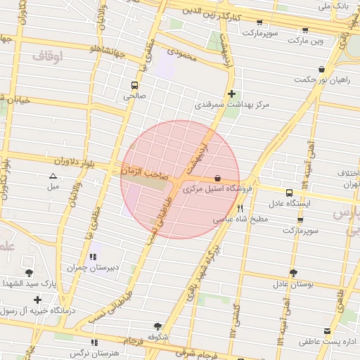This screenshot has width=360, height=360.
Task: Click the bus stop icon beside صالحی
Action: click(134, 86)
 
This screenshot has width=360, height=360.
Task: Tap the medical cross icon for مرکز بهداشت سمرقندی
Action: click(231, 94)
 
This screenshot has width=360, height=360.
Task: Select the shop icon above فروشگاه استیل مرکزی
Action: click(217, 179)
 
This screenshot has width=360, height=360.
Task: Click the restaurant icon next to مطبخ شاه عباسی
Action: click(240, 208)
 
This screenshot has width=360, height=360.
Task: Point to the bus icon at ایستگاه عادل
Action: click(289, 193)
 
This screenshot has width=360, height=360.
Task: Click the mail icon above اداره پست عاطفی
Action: click(326, 330)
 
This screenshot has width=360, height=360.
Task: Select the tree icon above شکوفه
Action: click(157, 326)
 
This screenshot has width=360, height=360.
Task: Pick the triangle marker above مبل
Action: click(53, 176)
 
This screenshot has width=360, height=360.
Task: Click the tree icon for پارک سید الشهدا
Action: click(29, 273)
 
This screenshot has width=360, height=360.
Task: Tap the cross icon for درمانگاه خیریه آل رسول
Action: click(37, 300)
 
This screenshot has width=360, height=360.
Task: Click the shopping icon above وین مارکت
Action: click(305, 30)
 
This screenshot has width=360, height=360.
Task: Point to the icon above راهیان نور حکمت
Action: click(322, 69)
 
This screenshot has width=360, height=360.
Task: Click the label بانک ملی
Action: click(333, 6)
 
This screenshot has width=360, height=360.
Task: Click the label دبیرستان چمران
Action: click(85, 267)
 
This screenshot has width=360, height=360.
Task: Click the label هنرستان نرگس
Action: click(90, 354)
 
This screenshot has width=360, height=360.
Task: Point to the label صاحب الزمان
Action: click(144, 171)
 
